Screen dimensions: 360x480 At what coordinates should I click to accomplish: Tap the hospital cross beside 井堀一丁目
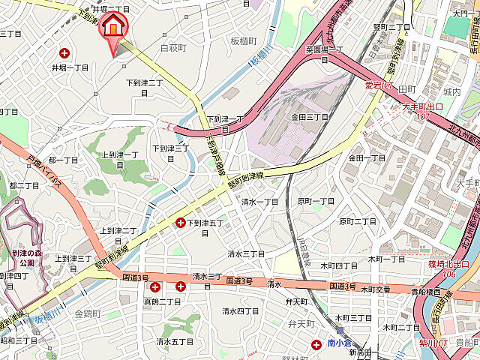(x=64, y=53)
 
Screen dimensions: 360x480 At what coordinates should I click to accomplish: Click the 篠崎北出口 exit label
(x=448, y=264)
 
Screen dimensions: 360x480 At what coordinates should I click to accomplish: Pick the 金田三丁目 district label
(x=310, y=117)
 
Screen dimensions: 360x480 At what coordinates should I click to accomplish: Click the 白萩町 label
(x=173, y=48)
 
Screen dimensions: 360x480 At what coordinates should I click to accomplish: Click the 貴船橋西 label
(x=425, y=292)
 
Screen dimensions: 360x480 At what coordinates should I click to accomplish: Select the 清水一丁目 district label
(x=259, y=202)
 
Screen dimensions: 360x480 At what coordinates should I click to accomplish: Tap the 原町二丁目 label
(x=358, y=221)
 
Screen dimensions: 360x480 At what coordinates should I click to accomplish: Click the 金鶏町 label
(x=88, y=313)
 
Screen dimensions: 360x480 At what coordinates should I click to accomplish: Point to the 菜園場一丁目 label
(x=324, y=53)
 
